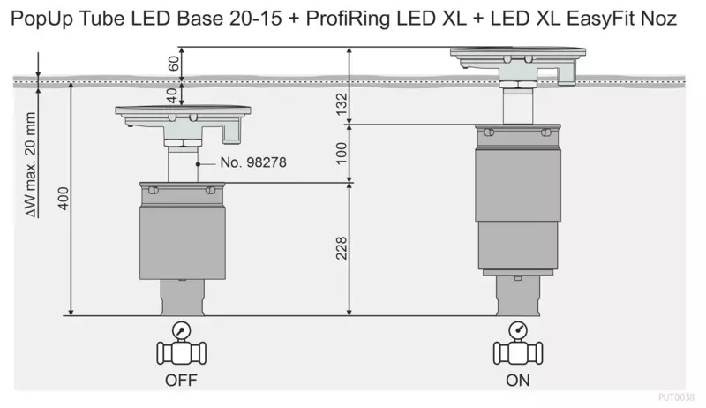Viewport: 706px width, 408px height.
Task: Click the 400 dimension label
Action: tap(64, 198)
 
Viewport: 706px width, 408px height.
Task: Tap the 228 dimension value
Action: tap(342, 248)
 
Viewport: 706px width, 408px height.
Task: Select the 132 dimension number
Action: tap(342, 104)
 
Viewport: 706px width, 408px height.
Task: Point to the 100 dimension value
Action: tap(342, 153)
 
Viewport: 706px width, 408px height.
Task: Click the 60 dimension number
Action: tap(173, 63)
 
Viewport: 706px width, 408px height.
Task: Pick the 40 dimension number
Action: tap(172, 95)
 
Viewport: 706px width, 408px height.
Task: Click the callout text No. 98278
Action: tap(253, 162)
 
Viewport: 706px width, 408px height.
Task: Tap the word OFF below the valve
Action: tap(181, 381)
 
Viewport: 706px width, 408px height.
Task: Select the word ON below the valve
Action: tap(518, 381)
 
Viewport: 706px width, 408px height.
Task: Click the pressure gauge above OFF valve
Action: tap(182, 330)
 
